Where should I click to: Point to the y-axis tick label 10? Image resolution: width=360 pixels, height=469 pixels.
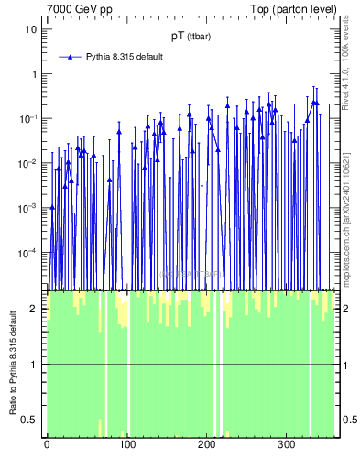tap(30, 29)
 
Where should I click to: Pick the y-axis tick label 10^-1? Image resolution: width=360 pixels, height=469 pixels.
tap(28, 118)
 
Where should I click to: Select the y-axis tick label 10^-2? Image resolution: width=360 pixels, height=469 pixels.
tap(28, 163)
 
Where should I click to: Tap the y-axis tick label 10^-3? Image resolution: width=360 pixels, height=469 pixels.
tap(28, 208)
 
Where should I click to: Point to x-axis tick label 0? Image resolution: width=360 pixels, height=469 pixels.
tap(46, 445)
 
